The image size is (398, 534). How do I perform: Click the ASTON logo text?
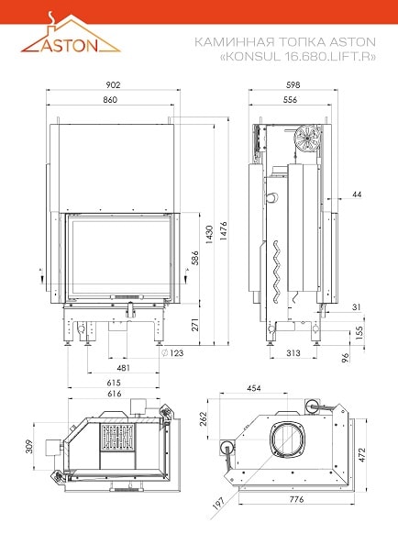[x=70, y=45]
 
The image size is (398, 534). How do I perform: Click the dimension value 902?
[x=113, y=84]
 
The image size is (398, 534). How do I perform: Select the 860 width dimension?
[x=110, y=100]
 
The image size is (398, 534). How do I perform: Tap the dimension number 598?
[x=293, y=84]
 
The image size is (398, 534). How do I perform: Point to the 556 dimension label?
[x=290, y=100]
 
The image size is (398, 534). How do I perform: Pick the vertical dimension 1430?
[x=209, y=234]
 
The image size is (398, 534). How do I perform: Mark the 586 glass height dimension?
[x=194, y=259]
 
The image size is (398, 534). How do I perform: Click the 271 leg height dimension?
[x=194, y=325]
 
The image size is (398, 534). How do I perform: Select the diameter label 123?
[x=172, y=353]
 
